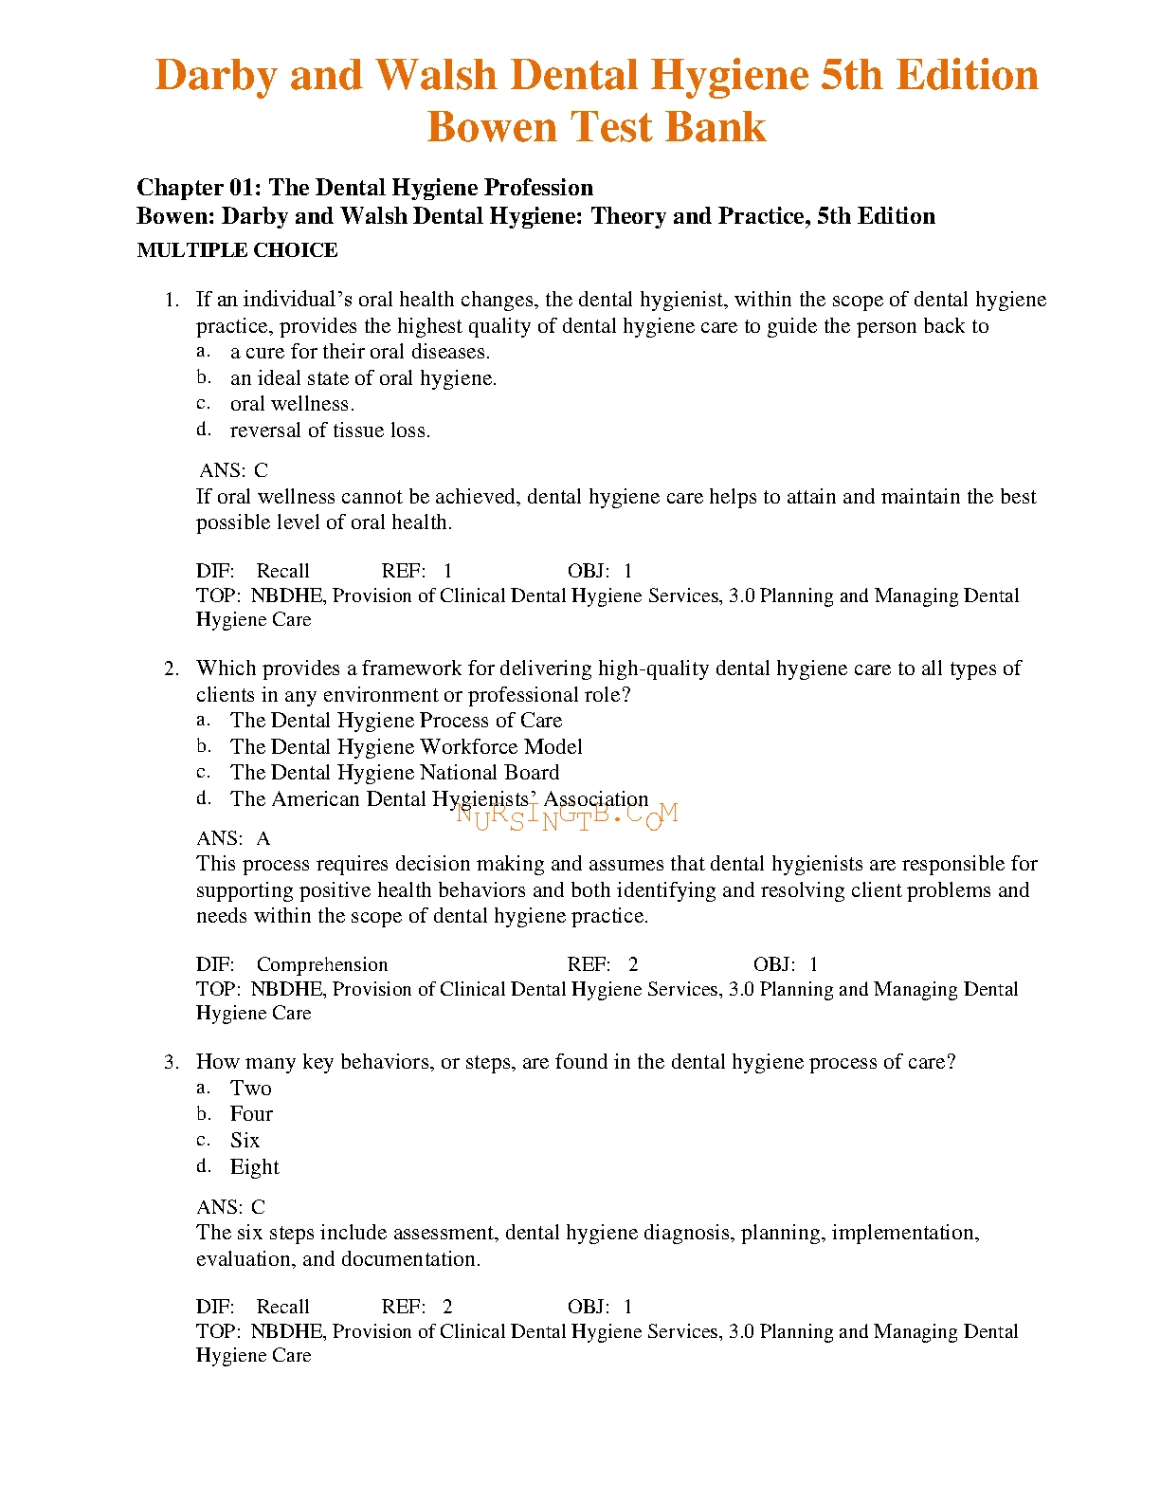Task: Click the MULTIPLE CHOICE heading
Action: point(237,250)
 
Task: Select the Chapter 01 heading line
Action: point(365,188)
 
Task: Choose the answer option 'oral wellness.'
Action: point(292,404)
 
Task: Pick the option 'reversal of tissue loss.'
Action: point(330,430)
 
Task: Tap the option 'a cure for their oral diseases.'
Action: point(360,352)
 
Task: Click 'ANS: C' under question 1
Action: point(234,470)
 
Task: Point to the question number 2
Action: point(171,669)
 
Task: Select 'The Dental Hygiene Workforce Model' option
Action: point(406,747)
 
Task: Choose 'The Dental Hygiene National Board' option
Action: point(394,773)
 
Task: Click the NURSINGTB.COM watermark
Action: point(567,815)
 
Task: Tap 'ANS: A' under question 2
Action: point(233,838)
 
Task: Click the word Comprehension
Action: point(322,965)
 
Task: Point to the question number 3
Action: point(171,1062)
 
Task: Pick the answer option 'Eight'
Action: point(254,1167)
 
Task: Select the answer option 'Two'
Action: point(250,1089)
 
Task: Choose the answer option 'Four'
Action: point(251,1114)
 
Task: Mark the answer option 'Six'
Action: point(245,1141)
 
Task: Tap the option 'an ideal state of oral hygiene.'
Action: point(363,378)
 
